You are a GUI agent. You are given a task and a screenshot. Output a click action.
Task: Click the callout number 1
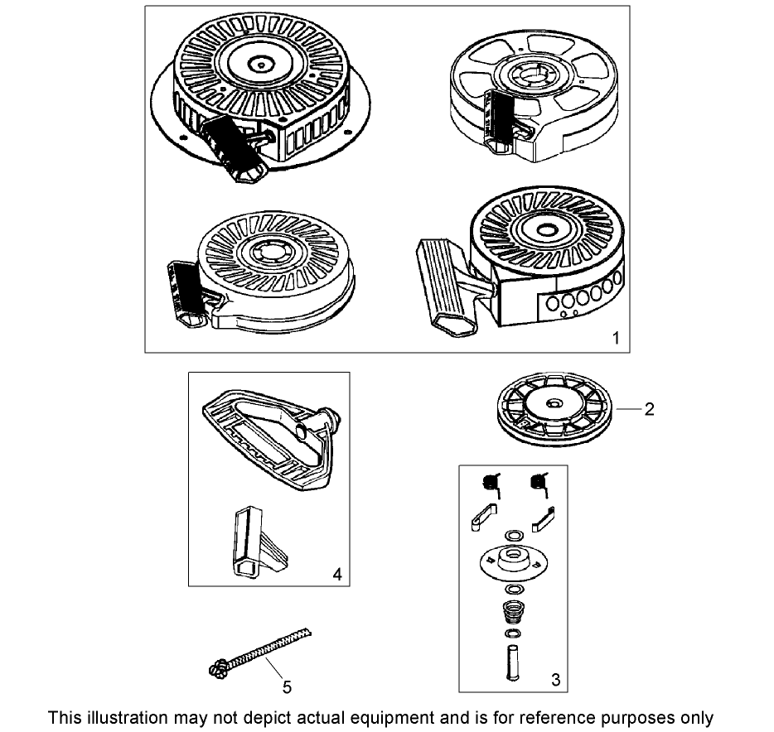(615, 338)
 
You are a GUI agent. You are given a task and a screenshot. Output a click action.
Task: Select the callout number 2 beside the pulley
(650, 408)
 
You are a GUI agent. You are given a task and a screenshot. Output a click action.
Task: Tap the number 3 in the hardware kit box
(555, 679)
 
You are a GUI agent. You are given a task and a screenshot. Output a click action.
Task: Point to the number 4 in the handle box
(336, 573)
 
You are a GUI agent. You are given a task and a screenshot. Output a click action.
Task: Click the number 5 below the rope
(287, 686)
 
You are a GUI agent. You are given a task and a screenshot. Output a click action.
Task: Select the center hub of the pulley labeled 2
(551, 404)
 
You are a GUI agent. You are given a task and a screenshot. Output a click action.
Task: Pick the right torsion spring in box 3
(540, 484)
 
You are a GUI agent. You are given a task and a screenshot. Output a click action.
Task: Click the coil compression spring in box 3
(513, 614)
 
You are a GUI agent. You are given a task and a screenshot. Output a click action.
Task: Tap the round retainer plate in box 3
(513, 563)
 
